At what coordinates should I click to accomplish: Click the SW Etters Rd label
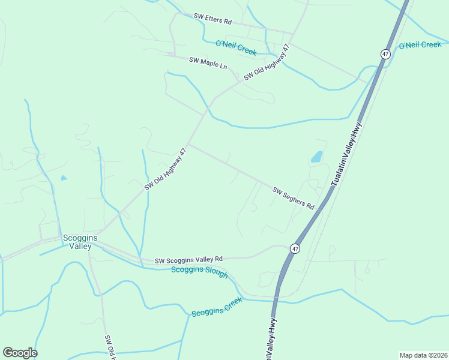pos(212,20)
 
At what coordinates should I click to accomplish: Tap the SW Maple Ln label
pos(208,61)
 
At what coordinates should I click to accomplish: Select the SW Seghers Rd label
pos(294,198)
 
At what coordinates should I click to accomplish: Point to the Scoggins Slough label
pos(199,272)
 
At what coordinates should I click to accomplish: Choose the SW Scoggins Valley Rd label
pos(188,260)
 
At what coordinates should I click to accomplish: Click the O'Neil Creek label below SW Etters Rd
pos(236,47)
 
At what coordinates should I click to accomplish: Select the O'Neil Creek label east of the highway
pos(420,45)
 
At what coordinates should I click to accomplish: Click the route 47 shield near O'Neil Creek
pos(385,54)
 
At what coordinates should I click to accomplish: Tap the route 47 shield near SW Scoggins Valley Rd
pos(294,248)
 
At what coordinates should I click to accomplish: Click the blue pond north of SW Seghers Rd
pos(316,158)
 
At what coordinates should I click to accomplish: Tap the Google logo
pos(20,353)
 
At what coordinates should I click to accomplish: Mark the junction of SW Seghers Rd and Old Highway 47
pos(188,144)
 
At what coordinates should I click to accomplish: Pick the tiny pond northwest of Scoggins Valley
pos(64,178)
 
